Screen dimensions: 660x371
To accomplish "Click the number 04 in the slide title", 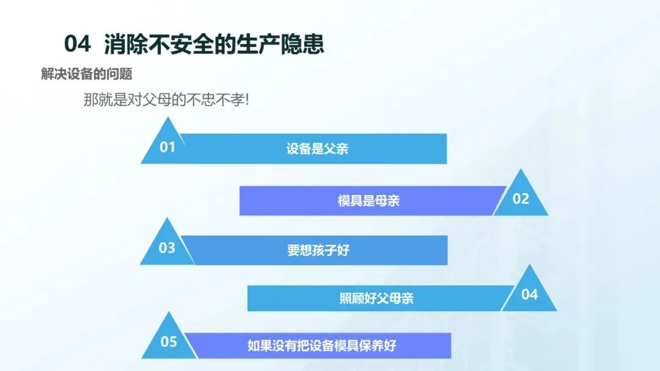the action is coord(78,44).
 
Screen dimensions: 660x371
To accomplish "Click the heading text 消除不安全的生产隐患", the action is coord(214,44).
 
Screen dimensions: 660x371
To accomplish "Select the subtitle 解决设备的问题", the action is coord(87,74).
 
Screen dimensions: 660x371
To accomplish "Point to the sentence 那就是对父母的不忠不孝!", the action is coord(166,100).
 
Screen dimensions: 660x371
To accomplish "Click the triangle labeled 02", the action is coord(521,196).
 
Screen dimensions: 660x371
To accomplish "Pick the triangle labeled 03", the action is coord(167,245).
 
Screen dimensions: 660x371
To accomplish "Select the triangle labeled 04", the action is coord(529,292).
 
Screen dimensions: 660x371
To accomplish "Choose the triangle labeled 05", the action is coord(169,339).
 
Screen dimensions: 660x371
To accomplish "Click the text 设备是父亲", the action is coord(317,149).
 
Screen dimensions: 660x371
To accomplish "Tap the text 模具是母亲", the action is coord(369,200).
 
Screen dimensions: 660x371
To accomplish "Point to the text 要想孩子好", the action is coord(318,250).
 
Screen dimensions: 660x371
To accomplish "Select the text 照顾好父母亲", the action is coord(376,298).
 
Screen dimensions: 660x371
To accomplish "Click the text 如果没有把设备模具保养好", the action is coord(321,346).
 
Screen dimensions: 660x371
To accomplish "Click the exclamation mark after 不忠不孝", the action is coord(247,100).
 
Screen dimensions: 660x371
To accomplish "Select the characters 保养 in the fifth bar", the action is coord(372,346).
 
